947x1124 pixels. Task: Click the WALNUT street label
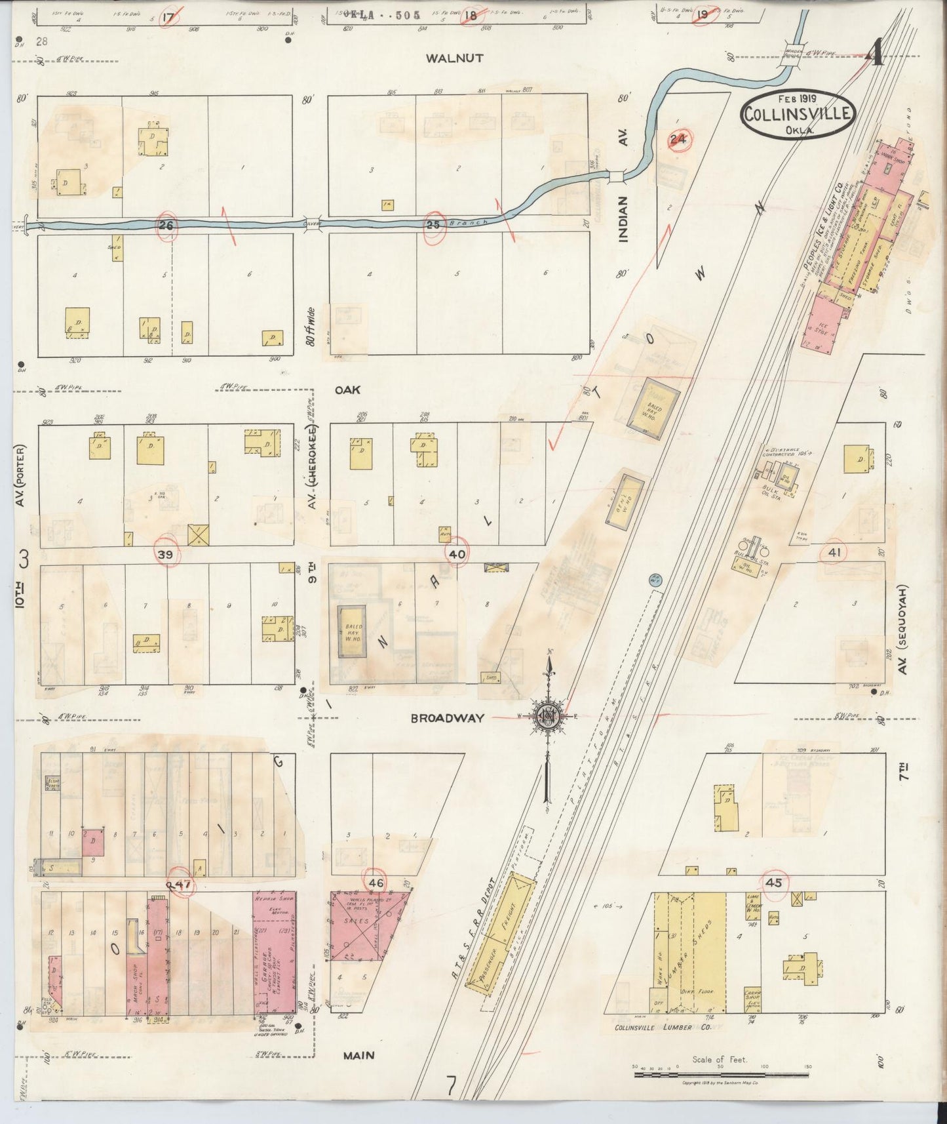tap(454, 58)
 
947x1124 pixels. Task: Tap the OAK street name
tap(347, 390)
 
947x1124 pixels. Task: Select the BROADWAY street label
tap(448, 718)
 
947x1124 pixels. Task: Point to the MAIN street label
tap(358, 1055)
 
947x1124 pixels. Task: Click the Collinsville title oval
tap(798, 114)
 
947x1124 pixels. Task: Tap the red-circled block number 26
tap(166, 224)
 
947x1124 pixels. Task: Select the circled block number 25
tap(433, 224)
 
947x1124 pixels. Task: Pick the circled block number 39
tap(166, 555)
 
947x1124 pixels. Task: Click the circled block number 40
tap(457, 554)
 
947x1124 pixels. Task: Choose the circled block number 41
tap(834, 552)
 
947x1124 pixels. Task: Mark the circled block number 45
tap(774, 883)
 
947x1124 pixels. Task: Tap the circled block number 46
tap(376, 883)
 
